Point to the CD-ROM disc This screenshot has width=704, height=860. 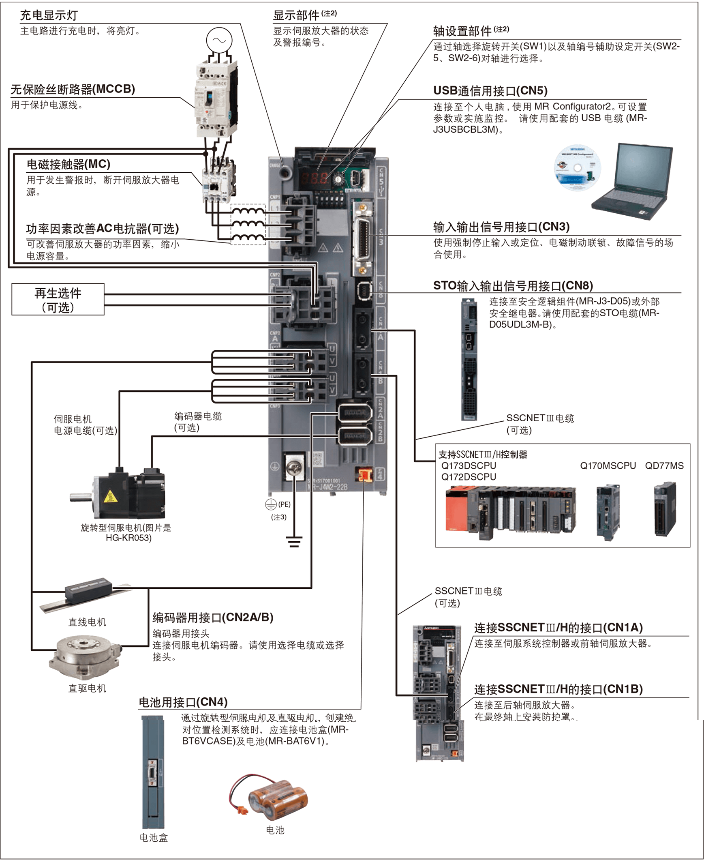(x=578, y=167)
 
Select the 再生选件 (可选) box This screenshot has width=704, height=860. (x=58, y=299)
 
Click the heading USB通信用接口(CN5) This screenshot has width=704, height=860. (x=490, y=90)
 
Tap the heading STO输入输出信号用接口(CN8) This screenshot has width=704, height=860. (x=513, y=285)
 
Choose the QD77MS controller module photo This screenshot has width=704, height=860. (x=665, y=509)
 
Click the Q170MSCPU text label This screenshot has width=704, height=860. (x=608, y=466)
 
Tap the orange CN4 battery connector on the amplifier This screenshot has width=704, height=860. (x=364, y=474)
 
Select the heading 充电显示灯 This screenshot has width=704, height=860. (x=49, y=15)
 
